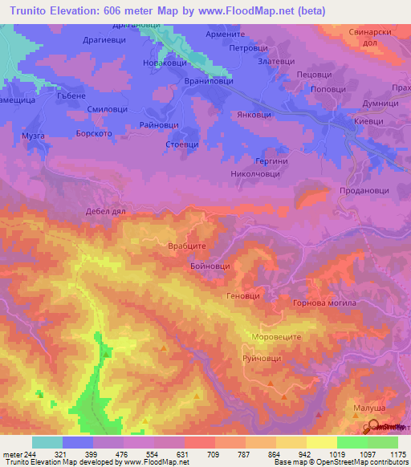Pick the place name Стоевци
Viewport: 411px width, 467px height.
[x=181, y=145]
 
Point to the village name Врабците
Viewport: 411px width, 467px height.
[x=188, y=247]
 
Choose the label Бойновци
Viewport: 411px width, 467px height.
[x=210, y=266]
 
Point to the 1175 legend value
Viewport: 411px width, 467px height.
[x=397, y=453]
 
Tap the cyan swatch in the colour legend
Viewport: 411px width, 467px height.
[x=47, y=442]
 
